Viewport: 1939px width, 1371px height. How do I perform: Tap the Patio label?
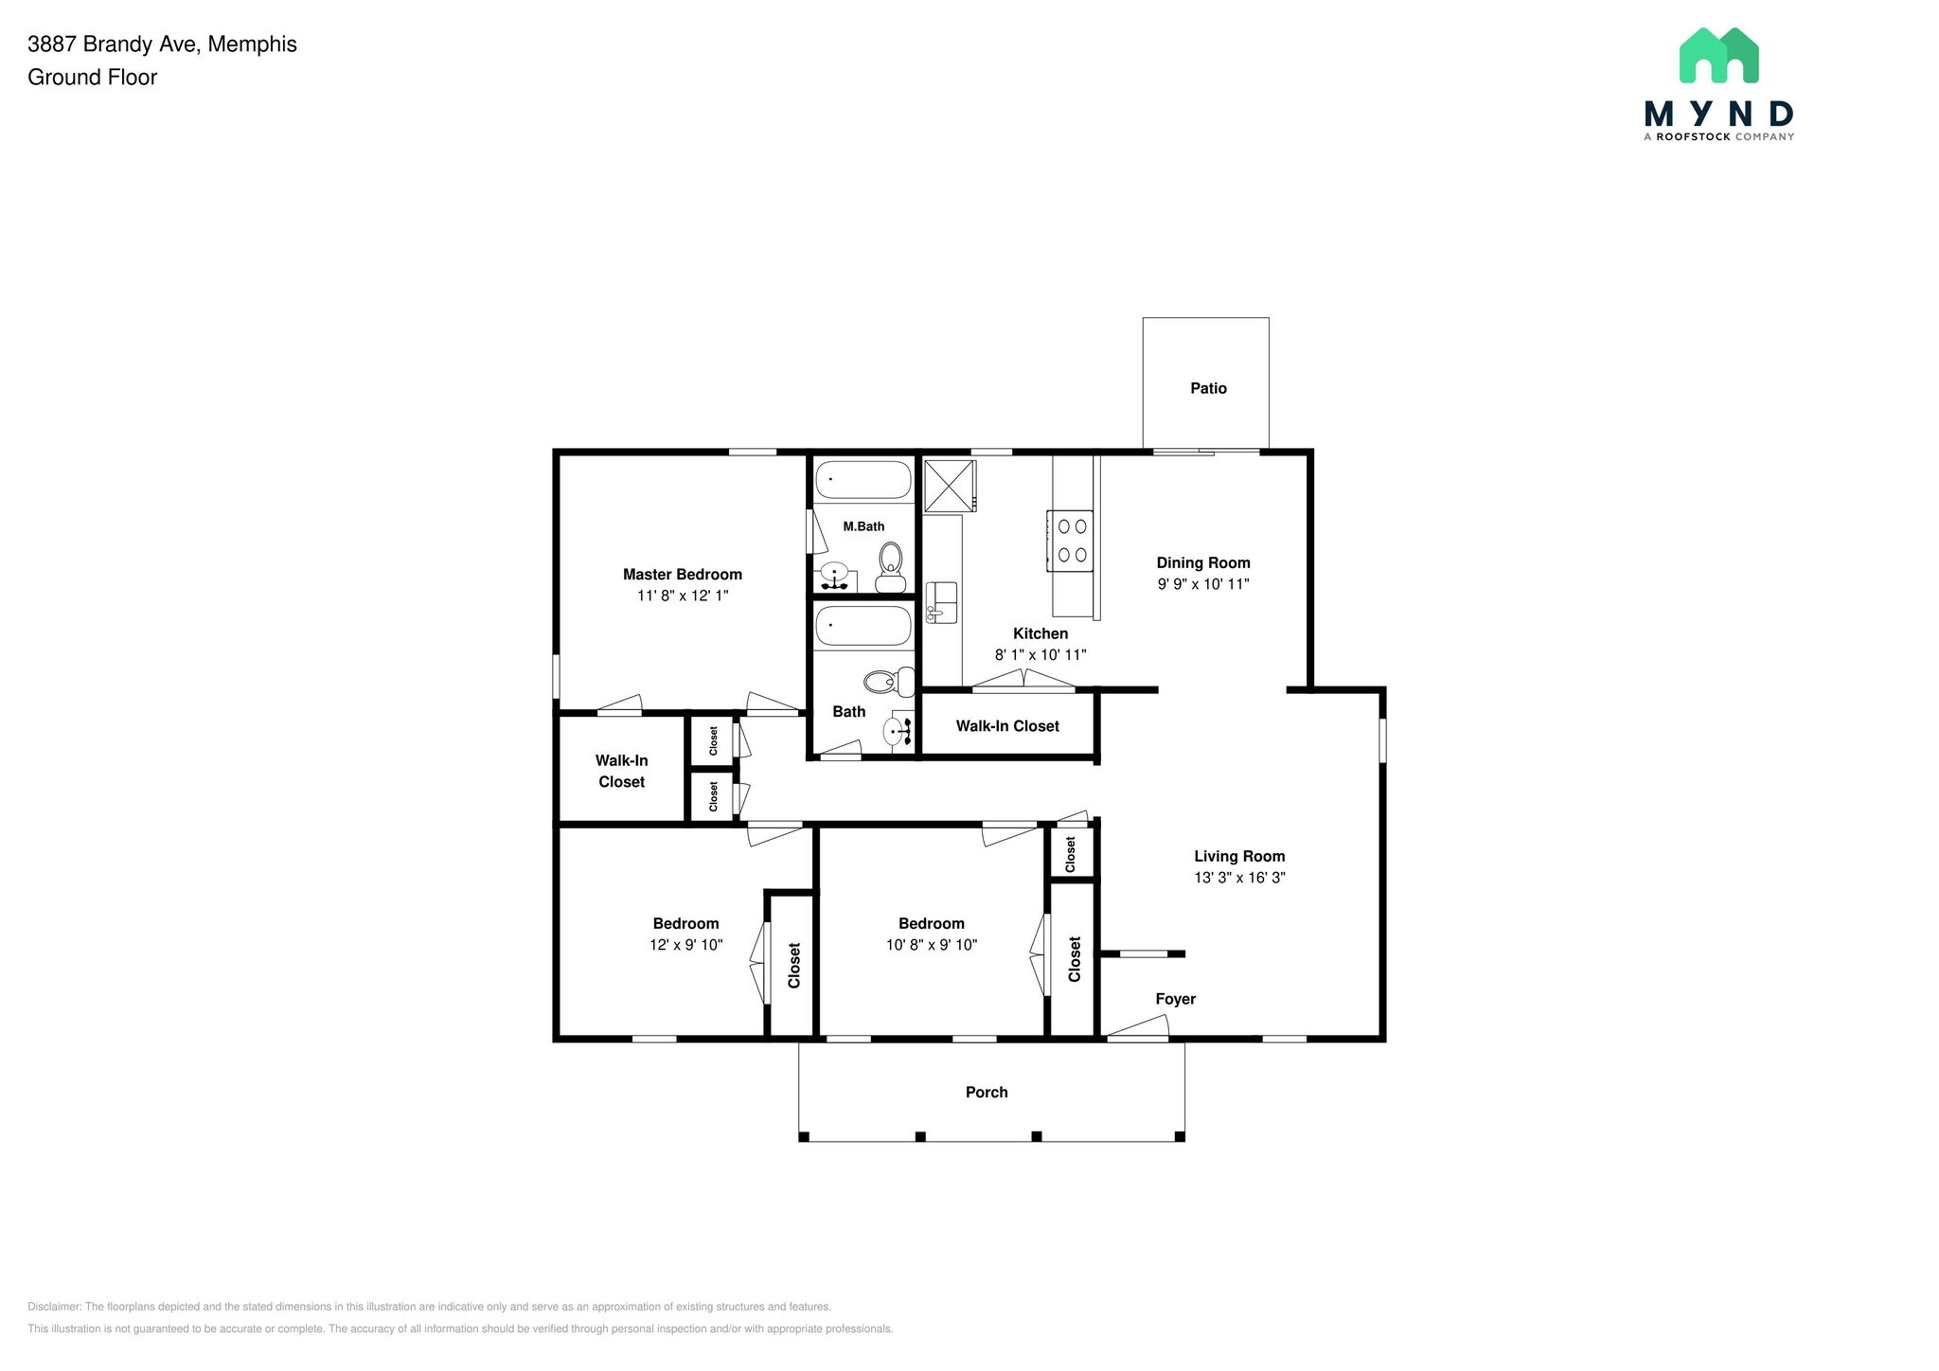[1208, 388]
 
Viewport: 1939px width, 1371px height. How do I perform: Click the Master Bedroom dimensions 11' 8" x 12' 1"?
[683, 596]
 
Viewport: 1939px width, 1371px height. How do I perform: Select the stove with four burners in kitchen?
[1070, 540]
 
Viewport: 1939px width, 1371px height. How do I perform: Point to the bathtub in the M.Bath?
[863, 480]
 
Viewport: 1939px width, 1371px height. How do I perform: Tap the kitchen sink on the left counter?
[941, 602]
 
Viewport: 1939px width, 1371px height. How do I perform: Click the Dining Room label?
[1203, 562]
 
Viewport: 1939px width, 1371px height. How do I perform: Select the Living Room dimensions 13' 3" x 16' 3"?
[1239, 878]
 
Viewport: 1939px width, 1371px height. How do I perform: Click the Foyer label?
[1175, 999]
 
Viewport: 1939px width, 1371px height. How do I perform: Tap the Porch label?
[987, 1092]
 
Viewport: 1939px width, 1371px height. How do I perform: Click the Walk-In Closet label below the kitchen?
[1007, 726]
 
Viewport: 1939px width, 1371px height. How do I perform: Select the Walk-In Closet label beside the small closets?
[621, 771]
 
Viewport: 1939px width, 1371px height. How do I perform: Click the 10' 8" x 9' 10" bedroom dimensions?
[932, 945]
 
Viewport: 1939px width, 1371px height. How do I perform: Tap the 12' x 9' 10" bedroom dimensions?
[686, 945]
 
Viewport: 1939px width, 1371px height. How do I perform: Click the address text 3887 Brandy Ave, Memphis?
[162, 45]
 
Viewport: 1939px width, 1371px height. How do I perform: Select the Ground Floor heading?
[93, 78]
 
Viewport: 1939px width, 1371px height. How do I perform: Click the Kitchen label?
[1041, 633]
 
